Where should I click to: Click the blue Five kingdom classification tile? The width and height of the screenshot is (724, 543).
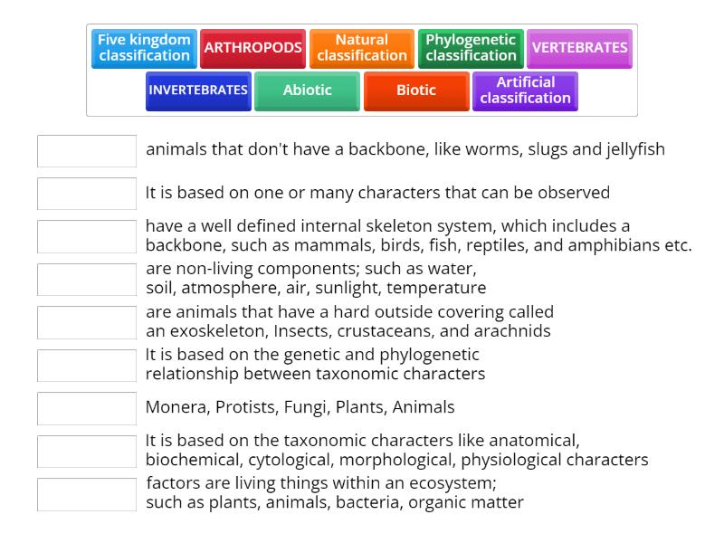pos(144,48)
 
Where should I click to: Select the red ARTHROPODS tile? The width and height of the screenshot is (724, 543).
pos(253,48)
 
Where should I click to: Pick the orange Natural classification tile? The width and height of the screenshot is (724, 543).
pos(362,48)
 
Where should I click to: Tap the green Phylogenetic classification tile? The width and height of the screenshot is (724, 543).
pos(471,48)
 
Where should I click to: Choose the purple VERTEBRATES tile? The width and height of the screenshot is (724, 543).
pos(579,48)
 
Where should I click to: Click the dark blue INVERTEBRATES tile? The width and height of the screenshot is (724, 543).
pos(198,90)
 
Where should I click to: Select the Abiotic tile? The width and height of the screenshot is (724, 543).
pos(307,90)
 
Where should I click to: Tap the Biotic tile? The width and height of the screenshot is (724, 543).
pos(416,90)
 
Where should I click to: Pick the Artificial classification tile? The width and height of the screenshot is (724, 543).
pos(525,90)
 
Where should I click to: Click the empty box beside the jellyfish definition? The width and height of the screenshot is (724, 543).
pos(87,150)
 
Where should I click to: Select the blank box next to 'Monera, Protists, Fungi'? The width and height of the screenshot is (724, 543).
pos(87,408)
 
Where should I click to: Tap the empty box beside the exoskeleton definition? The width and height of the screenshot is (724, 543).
pos(87,322)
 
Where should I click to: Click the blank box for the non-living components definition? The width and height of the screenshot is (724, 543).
pos(87,280)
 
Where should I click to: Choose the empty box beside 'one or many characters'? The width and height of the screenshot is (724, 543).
pos(87,194)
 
